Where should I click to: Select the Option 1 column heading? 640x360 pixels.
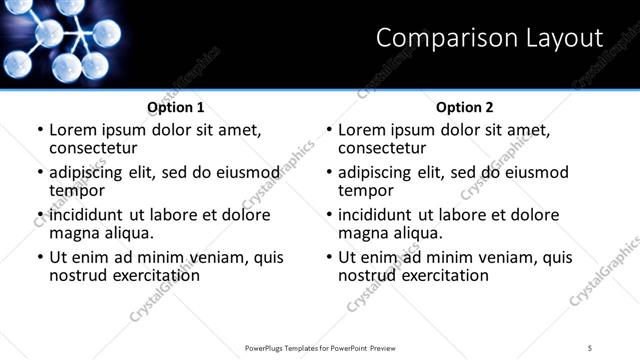coord(175,107)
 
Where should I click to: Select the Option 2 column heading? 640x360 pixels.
coord(464,107)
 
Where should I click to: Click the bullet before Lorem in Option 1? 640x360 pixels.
coord(40,131)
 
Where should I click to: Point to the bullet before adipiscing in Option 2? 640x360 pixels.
coord(329,173)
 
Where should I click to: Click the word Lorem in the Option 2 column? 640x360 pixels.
coord(362,130)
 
